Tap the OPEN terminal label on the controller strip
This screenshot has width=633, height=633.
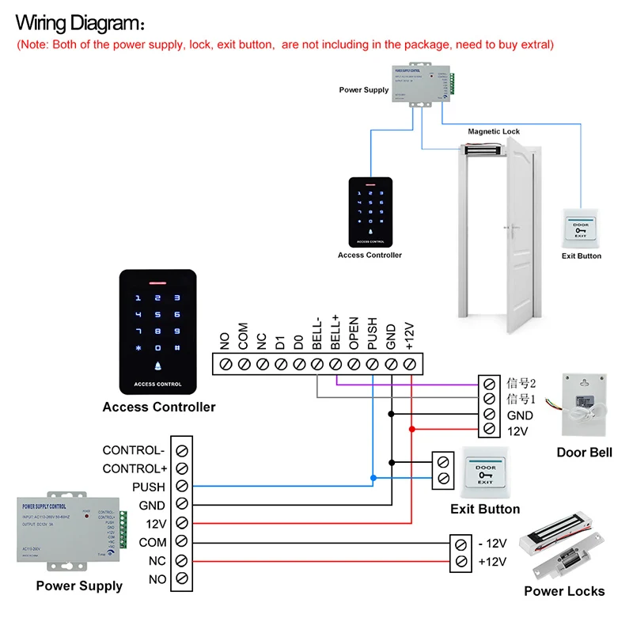point(354,333)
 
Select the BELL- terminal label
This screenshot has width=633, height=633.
point(316,332)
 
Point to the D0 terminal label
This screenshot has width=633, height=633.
point(298,341)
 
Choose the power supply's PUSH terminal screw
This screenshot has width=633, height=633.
point(182,487)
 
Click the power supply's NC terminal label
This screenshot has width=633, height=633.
point(157,561)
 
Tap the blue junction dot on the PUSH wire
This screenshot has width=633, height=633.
point(373,479)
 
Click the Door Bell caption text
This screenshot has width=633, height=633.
point(583,452)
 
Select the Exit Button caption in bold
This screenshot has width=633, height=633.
point(485,509)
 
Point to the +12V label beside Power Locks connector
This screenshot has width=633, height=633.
point(492,562)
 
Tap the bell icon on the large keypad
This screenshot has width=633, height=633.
point(157,366)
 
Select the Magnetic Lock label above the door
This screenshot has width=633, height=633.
point(494,132)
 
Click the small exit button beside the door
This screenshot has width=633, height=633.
point(581,229)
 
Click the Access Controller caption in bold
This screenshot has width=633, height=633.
point(158,407)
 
